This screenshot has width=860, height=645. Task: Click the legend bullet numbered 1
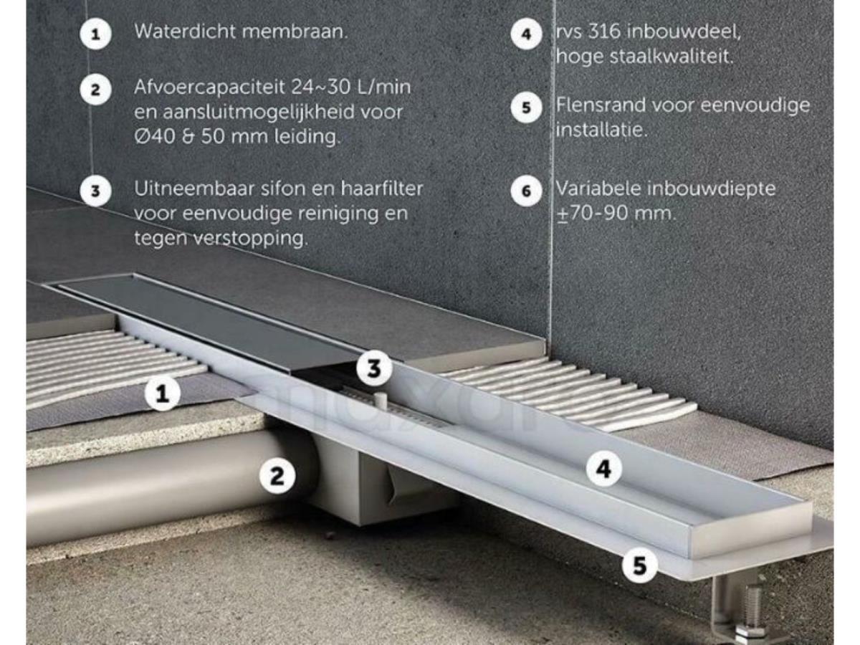95,34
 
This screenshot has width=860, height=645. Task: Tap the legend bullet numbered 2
95,90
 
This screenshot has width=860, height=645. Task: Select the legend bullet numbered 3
95,191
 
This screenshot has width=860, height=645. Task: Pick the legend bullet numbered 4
527,34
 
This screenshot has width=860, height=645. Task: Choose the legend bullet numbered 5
527,107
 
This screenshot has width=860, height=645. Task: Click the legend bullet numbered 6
527,191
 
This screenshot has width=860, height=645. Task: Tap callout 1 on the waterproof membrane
163,393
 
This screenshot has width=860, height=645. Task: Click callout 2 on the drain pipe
277,476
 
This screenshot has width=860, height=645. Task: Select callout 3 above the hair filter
374,368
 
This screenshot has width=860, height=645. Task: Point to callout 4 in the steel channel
603,469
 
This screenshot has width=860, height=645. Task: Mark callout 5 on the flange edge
639,565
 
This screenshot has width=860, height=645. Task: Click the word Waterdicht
185,32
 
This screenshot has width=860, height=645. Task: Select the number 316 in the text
603,32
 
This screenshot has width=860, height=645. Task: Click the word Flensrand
601,105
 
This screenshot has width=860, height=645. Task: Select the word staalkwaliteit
671,57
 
